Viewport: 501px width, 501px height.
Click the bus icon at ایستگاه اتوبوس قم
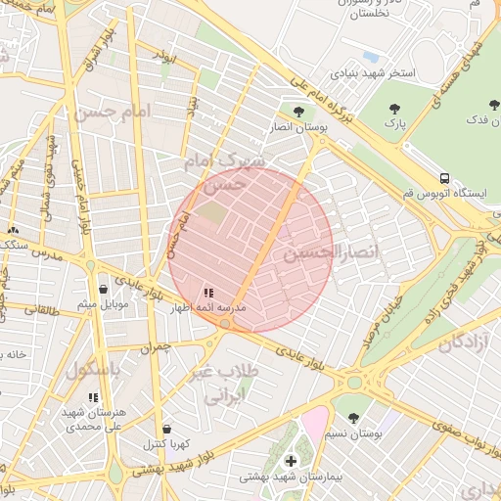444,179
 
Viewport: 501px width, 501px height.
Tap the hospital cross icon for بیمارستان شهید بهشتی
290,461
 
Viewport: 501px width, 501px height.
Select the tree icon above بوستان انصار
298,111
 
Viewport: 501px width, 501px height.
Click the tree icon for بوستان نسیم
353,418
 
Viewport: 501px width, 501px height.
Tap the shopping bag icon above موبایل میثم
104,289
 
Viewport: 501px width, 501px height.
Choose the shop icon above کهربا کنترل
166,429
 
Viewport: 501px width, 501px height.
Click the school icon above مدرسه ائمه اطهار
207,293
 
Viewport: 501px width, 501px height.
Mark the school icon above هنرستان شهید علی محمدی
93,397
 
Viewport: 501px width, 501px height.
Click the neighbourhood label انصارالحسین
316,252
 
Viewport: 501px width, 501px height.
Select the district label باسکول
93,371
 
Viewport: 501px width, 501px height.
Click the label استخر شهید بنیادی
373,73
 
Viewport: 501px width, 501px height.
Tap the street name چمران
155,347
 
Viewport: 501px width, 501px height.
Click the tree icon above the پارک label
394,110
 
